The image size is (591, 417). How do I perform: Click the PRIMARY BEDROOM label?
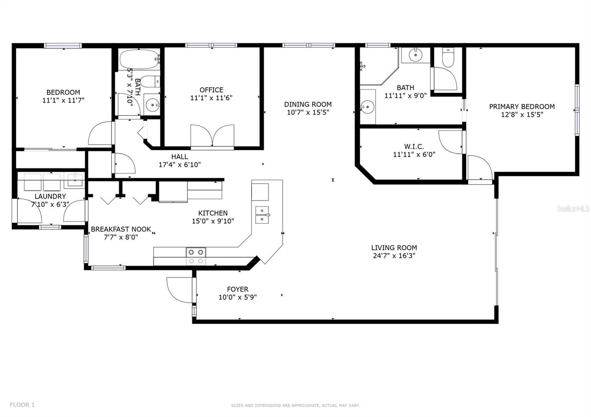click(x=522, y=107)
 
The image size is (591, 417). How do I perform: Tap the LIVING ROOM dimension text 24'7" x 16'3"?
click(x=394, y=256)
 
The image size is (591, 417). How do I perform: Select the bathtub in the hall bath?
click(x=139, y=59)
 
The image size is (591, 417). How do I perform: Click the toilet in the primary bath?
click(x=448, y=57)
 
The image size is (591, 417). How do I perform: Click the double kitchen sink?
click(x=262, y=215)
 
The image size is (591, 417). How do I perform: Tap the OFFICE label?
click(x=211, y=90)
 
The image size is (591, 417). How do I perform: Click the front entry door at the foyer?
click(x=180, y=290)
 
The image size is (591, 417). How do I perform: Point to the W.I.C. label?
click(x=414, y=147)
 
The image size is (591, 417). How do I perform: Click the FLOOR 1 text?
click(x=22, y=405)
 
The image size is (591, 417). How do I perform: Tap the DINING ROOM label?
click(x=308, y=104)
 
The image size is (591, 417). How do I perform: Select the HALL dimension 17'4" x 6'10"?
click(x=180, y=165)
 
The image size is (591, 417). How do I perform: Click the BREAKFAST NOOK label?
click(x=121, y=229)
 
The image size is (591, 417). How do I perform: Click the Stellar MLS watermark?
click(x=573, y=209)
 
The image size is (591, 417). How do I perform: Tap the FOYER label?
click(x=238, y=289)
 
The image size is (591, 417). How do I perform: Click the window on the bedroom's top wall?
click(x=63, y=46)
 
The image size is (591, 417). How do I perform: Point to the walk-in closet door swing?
click(x=451, y=142)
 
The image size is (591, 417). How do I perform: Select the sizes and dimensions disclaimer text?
click(x=295, y=406)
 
